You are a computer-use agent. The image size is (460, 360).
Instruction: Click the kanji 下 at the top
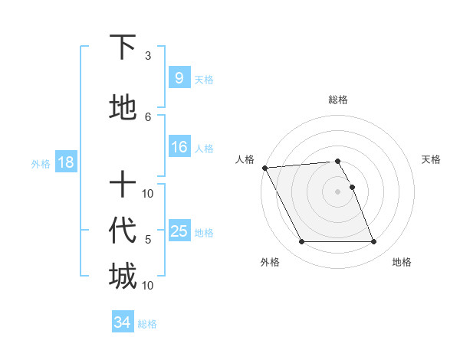point(123,47)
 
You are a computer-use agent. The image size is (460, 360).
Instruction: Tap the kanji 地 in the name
point(123,108)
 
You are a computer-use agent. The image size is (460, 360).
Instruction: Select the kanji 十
point(123,185)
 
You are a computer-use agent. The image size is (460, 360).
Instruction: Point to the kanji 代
point(123,230)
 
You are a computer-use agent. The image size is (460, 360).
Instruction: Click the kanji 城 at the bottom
point(123,276)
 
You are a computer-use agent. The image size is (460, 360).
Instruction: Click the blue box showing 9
point(178,77)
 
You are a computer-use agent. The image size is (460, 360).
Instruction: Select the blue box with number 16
point(179,147)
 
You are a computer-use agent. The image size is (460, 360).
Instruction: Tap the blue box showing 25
point(179,231)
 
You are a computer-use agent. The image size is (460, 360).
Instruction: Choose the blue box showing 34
point(122,322)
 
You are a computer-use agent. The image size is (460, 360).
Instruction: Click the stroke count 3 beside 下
point(148,56)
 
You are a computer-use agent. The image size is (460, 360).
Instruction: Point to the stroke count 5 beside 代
point(148,240)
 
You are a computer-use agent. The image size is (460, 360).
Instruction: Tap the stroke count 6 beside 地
point(148,116)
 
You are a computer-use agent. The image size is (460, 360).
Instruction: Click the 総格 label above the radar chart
point(337,100)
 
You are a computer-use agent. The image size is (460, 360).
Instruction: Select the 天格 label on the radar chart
point(432,159)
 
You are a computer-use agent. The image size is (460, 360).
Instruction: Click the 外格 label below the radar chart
point(270,262)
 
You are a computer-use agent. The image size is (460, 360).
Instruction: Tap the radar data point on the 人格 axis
point(264,168)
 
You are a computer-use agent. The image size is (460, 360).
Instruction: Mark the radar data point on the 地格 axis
point(373,242)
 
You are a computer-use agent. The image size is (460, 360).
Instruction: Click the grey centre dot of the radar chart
point(337,191)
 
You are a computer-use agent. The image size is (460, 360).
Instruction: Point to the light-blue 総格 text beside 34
point(147,324)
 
